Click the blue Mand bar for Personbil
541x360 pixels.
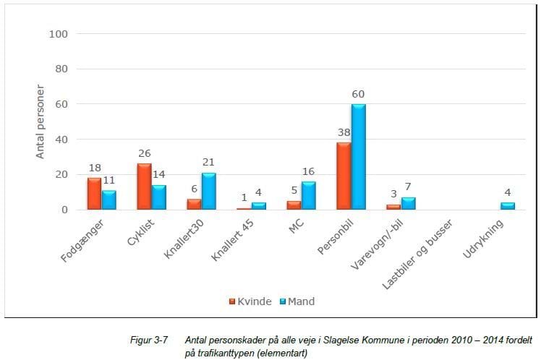pyautogui.click(x=358, y=157)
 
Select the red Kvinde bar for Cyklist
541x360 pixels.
pyautogui.click(x=144, y=187)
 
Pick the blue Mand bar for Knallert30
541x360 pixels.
pyautogui.click(x=209, y=192)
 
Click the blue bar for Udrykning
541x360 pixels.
pyautogui.click(x=508, y=206)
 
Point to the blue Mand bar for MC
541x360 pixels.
pyautogui.click(x=309, y=196)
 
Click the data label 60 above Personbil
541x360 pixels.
pyautogui.click(x=359, y=95)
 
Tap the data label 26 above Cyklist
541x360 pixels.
pyautogui.click(x=145, y=154)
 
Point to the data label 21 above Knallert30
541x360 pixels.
pyautogui.click(x=210, y=163)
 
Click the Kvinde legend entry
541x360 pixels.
pyautogui.click(x=247, y=301)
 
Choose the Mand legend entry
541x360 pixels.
pyautogui.click(x=297, y=301)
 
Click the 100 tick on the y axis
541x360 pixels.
pyautogui.click(x=58, y=34)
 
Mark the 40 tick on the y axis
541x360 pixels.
pyautogui.click(x=61, y=140)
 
